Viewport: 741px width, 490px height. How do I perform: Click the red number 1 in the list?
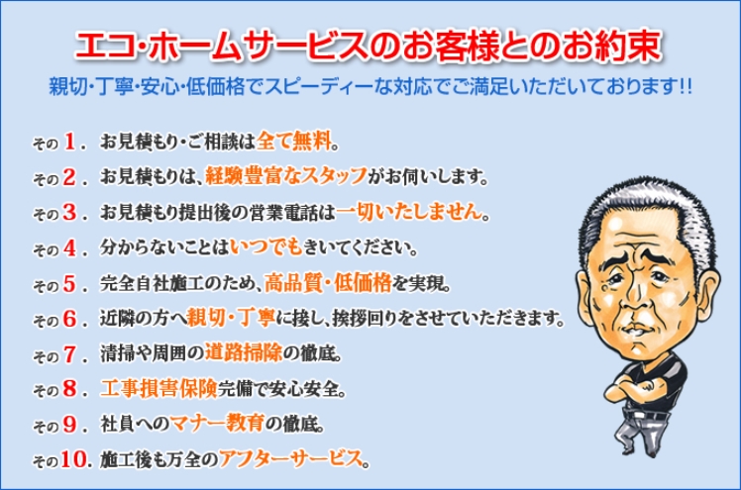(70, 142)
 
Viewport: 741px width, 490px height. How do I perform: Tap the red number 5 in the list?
(70, 284)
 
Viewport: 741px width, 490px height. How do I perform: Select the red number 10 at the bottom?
(73, 459)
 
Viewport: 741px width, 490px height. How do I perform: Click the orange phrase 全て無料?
(294, 141)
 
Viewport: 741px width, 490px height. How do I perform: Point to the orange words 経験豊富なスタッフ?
(286, 176)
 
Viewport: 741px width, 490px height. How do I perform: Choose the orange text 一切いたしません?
(409, 212)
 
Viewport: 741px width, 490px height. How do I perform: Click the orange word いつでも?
(266, 246)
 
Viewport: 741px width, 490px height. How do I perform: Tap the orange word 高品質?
(293, 283)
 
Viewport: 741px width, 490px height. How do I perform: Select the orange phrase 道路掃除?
(244, 352)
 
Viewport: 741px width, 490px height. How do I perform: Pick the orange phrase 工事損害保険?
(159, 388)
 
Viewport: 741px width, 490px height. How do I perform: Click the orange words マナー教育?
(217, 423)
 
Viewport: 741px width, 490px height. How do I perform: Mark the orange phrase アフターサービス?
(291, 458)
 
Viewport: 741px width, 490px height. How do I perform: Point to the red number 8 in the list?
(70, 388)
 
